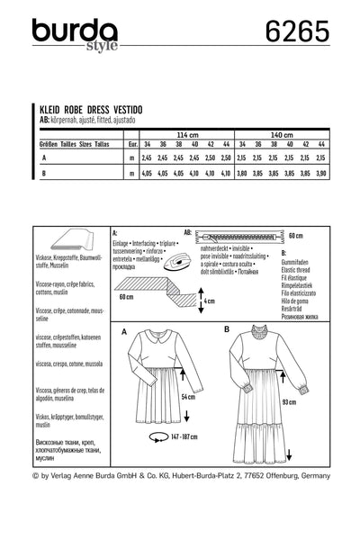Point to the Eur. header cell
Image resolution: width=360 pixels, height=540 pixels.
133,142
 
